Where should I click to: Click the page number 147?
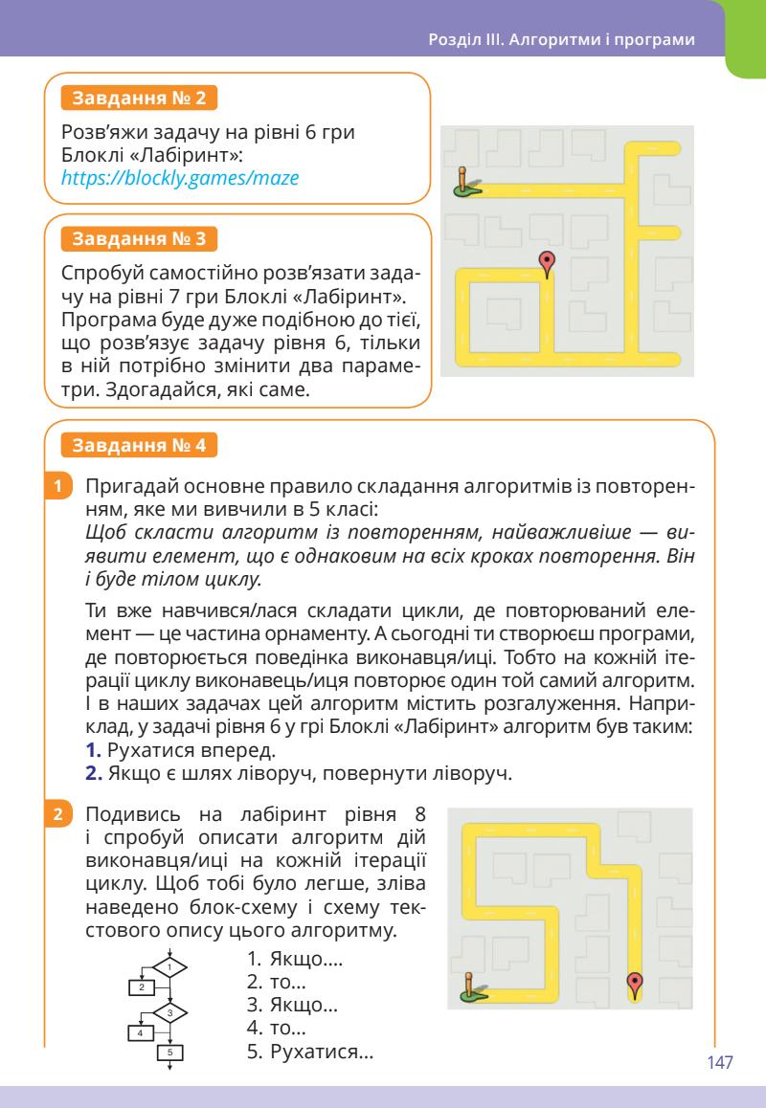(719, 1063)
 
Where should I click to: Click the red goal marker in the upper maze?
(547, 261)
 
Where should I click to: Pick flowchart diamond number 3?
(169, 1011)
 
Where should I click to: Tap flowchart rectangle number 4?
(141, 1031)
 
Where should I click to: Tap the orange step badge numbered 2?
(59, 816)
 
